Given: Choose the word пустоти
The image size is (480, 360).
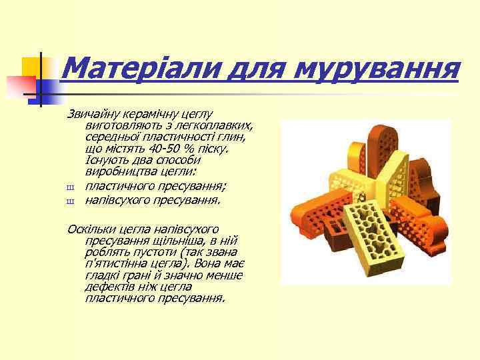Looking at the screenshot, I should point(148,251).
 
